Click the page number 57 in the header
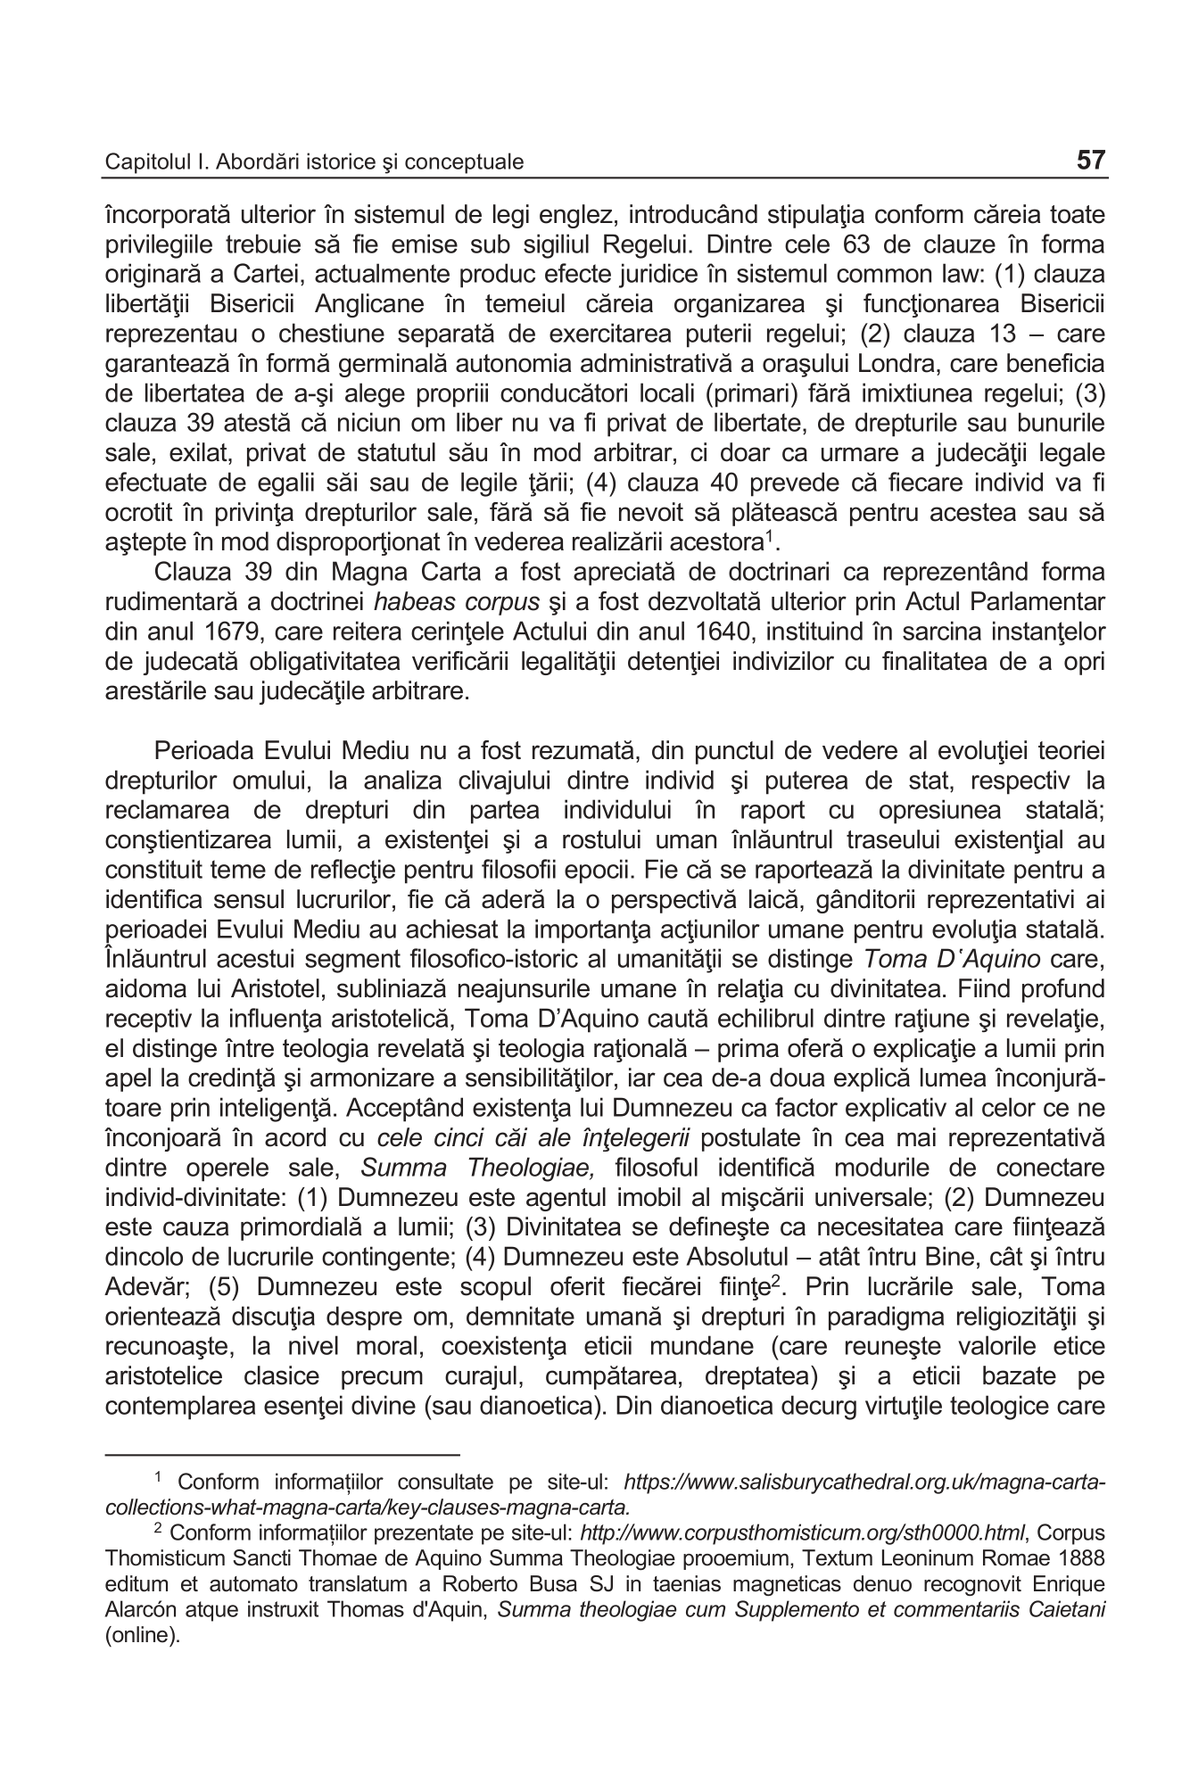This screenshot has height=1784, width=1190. coord(1090,161)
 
